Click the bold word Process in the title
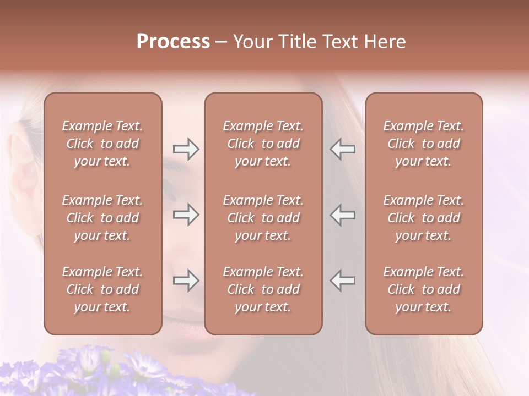(173, 42)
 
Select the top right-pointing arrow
(186, 149)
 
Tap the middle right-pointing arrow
(186, 215)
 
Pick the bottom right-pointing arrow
(186, 280)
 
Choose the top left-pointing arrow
(342, 149)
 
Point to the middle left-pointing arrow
(342, 215)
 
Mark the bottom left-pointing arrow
(342, 280)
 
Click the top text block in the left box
(102, 144)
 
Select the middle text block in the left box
(102, 218)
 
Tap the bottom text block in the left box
(102, 289)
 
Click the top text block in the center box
(263, 144)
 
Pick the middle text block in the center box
(263, 218)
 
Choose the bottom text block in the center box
(263, 289)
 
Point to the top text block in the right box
(423, 144)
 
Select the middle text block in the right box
(423, 218)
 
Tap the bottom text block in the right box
(423, 289)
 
